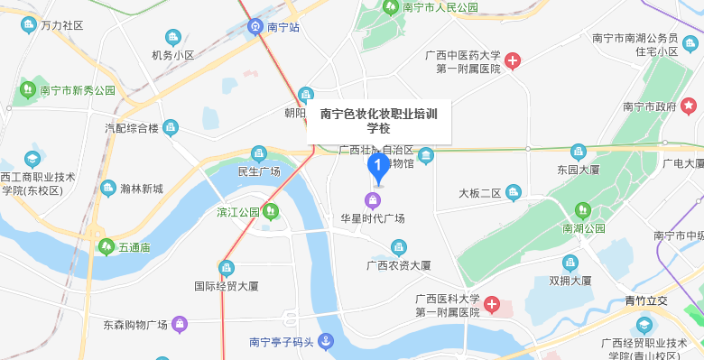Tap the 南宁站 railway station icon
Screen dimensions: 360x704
[x=256, y=27]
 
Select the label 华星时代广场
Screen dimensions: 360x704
[x=372, y=219]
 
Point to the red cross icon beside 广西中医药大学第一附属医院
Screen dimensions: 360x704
[x=513, y=61]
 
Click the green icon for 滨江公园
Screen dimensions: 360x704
[x=270, y=212]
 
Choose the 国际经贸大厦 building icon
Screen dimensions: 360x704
[x=226, y=268]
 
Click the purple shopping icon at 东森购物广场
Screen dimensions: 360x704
[x=180, y=323]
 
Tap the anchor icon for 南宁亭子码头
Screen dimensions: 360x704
[x=326, y=342]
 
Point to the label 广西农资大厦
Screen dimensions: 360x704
[x=398, y=265]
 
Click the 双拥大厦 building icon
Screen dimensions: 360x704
[x=570, y=263]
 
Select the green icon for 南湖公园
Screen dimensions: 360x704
[x=582, y=210]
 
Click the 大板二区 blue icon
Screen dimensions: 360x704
[x=514, y=192]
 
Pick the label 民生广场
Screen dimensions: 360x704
[x=259, y=171]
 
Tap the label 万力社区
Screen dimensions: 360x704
[x=62, y=25]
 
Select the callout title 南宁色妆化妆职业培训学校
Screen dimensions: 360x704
[x=378, y=121]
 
